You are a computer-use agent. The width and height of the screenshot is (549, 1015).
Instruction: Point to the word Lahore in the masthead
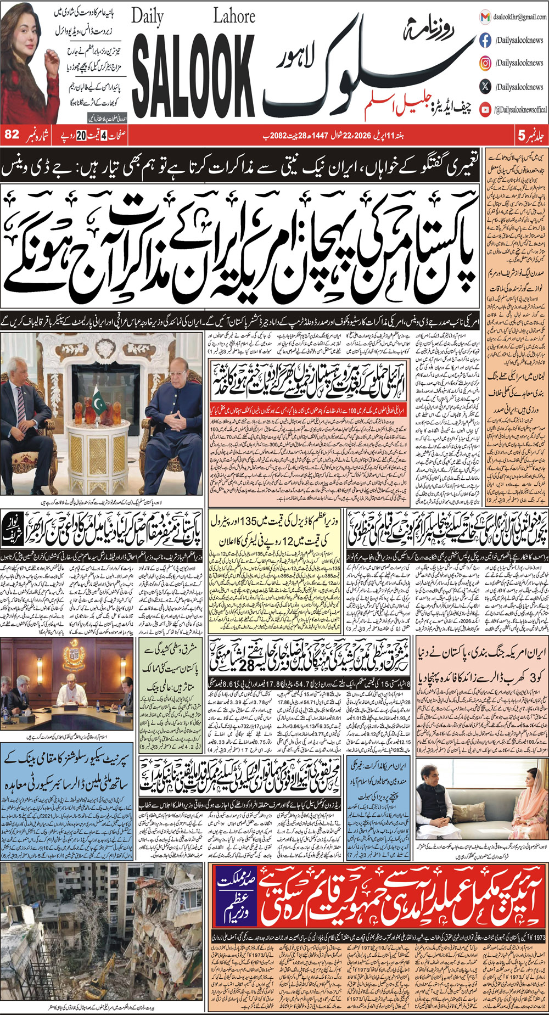click(234, 16)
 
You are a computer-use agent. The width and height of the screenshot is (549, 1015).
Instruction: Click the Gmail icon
click(485, 17)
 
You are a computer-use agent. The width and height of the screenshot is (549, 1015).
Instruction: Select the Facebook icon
click(485, 40)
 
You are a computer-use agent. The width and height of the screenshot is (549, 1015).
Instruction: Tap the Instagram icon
click(485, 63)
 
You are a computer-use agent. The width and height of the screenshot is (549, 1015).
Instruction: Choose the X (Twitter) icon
click(485, 87)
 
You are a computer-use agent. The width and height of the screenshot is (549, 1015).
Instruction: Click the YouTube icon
click(485, 110)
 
